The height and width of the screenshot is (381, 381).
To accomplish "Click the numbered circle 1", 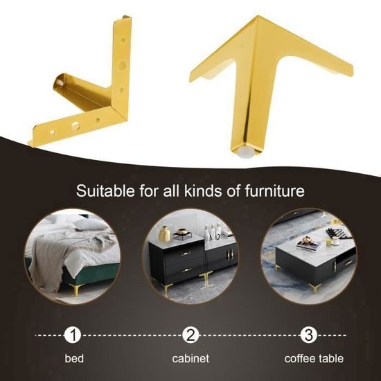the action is click(x=73, y=335).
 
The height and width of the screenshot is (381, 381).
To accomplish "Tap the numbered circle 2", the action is click(x=190, y=335).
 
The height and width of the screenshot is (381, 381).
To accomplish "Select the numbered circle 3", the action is click(x=308, y=335).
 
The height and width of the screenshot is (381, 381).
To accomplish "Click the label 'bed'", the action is click(x=74, y=358).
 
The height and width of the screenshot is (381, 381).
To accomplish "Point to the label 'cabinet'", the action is click(x=190, y=358).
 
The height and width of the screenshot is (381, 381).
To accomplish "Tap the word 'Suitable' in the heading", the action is click(x=105, y=190).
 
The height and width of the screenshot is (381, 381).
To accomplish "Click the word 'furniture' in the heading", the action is click(x=274, y=190).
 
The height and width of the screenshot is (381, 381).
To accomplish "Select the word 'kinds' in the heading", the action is click(x=203, y=190).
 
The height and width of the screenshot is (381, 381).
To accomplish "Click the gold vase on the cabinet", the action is click(x=164, y=234).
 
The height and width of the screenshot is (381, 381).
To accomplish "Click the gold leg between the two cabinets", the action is click(x=206, y=280).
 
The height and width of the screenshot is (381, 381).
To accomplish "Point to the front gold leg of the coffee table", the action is click(x=315, y=287).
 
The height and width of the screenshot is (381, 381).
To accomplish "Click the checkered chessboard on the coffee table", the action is click(x=340, y=233).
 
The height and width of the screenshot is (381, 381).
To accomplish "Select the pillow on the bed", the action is click(x=90, y=224).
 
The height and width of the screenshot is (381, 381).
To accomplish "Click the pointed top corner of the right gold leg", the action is click(x=258, y=16).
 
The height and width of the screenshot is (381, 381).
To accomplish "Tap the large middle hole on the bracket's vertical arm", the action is click(x=122, y=65).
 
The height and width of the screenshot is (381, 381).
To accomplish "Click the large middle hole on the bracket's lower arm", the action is click(x=76, y=125).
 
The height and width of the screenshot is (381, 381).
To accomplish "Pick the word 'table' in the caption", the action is click(x=331, y=358).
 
